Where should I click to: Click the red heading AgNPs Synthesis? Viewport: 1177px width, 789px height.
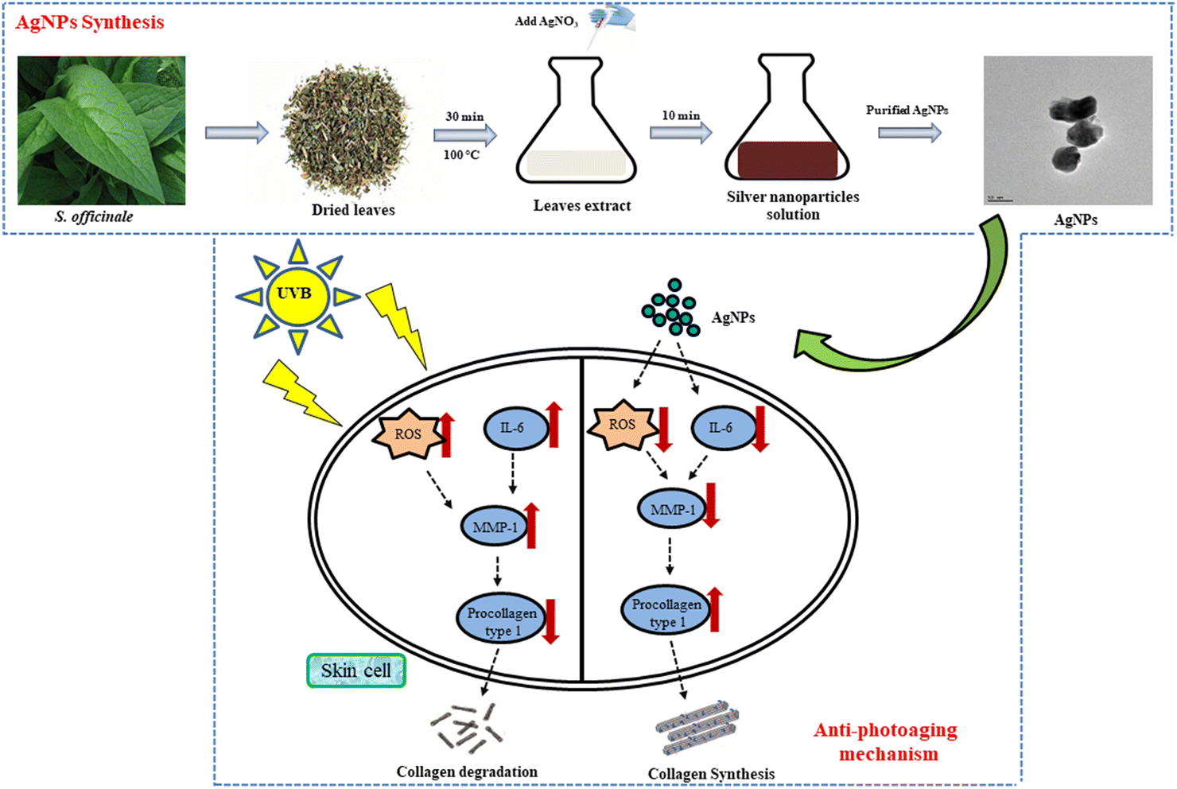pyautogui.click(x=90, y=22)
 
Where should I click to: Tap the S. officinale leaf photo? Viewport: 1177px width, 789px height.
pyautogui.click(x=102, y=130)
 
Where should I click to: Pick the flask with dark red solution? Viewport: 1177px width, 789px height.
pyautogui.click(x=787, y=123)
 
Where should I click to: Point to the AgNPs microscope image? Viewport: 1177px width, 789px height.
pyautogui.click(x=1067, y=130)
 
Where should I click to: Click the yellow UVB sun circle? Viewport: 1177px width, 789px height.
pyautogui.click(x=295, y=295)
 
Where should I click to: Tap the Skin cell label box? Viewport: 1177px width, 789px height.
pyautogui.click(x=356, y=670)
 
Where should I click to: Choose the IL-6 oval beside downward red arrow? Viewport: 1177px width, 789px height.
pyautogui.click(x=722, y=428)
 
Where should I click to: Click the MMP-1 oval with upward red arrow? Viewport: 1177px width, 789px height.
pyautogui.click(x=495, y=527)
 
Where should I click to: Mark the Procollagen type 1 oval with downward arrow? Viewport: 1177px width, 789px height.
pyautogui.click(x=501, y=621)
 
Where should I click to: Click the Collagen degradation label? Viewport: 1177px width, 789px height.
pyautogui.click(x=467, y=772)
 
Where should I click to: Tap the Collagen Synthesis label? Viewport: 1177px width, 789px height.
pyautogui.click(x=711, y=774)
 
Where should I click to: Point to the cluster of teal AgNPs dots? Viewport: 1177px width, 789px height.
pyautogui.click(x=672, y=309)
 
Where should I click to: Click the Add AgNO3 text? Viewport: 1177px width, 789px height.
pyautogui.click(x=546, y=21)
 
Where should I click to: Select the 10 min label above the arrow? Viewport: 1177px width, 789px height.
pyautogui.click(x=681, y=115)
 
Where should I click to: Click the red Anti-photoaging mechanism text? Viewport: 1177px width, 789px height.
pyautogui.click(x=887, y=741)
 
